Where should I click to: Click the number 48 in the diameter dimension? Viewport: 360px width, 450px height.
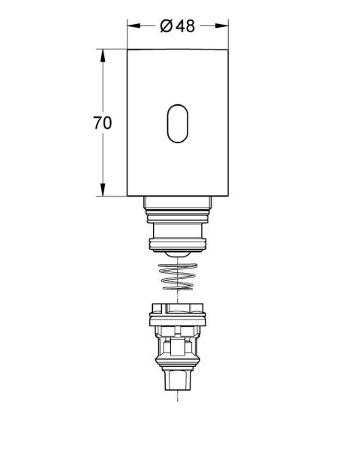185,26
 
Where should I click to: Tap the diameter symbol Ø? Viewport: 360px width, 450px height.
166,26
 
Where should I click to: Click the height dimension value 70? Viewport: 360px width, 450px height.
102,123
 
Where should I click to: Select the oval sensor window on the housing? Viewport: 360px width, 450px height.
178,124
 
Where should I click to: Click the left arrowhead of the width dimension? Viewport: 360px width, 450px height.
133,25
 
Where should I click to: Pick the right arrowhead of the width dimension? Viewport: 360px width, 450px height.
222,25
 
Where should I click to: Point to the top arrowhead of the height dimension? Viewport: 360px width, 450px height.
103,55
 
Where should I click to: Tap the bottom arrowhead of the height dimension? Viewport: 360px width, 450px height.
103,190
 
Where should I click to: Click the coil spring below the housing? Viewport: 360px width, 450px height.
178,276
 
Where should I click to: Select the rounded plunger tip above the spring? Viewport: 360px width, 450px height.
178,254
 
